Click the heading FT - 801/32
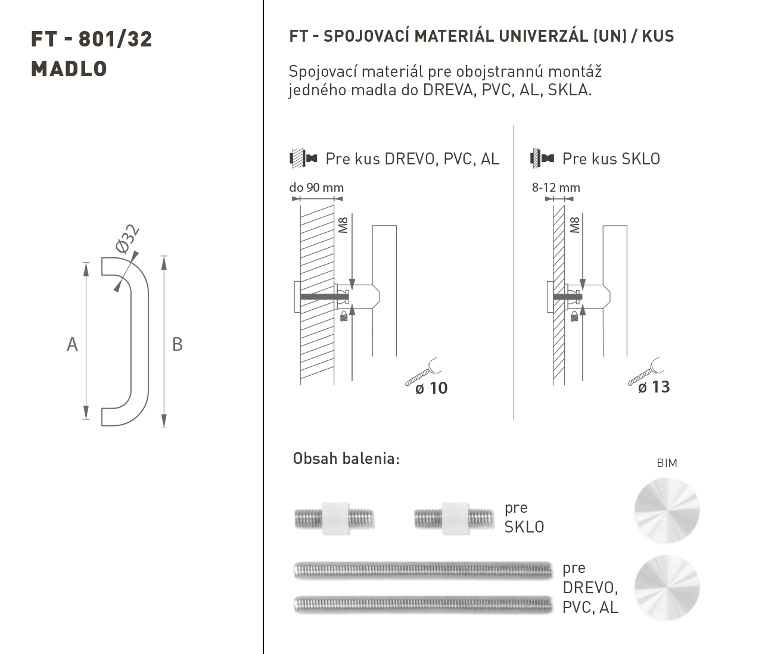pos(91,39)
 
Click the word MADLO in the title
pos(69,69)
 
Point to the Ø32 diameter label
pos(127,239)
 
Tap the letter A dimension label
pos(72,344)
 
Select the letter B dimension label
pos(178,344)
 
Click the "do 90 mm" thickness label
pos(316,188)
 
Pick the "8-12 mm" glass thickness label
pos(556,188)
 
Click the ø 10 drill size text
pos(431,388)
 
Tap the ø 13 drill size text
pos(654,387)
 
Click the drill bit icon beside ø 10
pos(423,372)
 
